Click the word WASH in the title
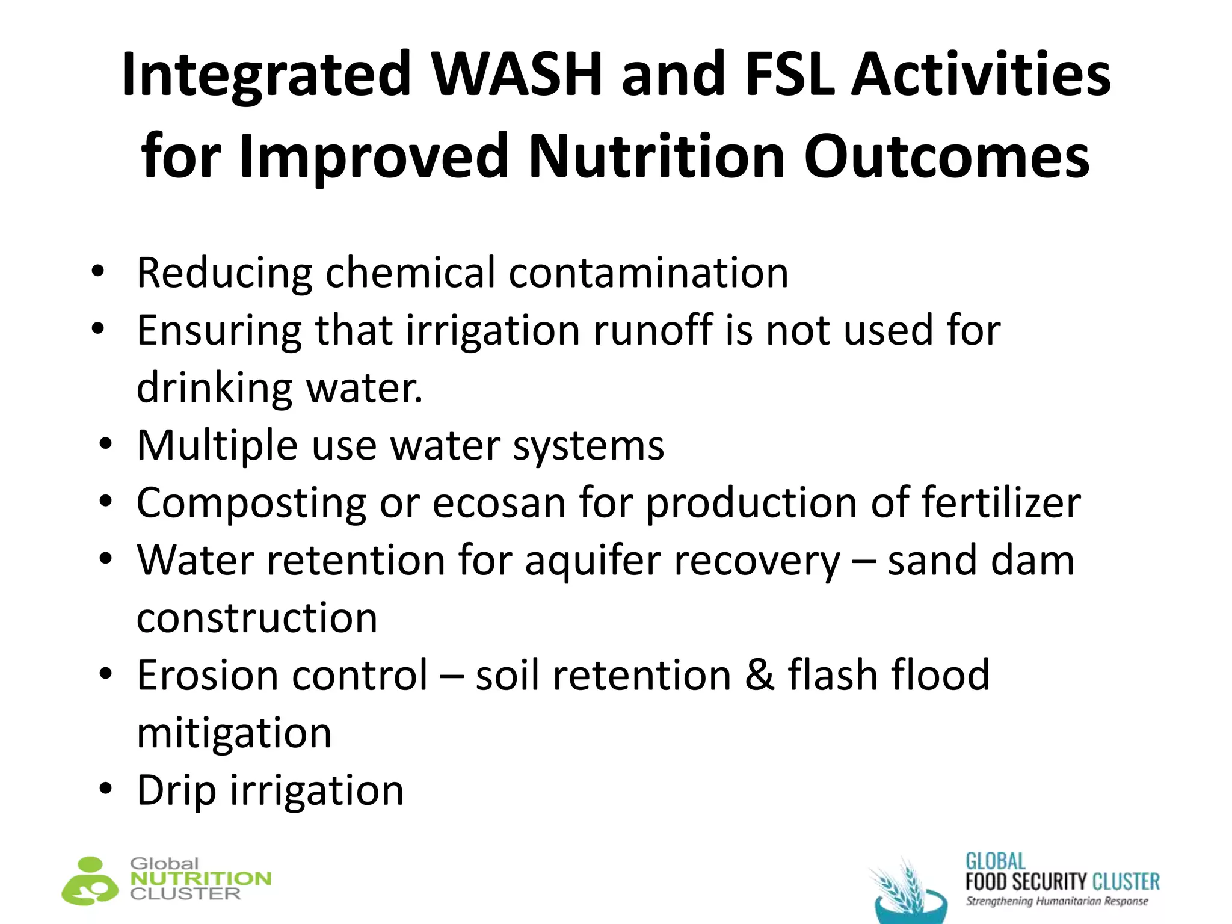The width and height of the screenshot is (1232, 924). (x=517, y=75)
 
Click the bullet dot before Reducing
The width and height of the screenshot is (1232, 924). (x=98, y=271)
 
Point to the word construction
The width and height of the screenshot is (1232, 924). (x=257, y=618)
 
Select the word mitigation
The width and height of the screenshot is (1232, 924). (x=234, y=733)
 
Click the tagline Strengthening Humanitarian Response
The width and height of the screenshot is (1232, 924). (x=1056, y=901)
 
